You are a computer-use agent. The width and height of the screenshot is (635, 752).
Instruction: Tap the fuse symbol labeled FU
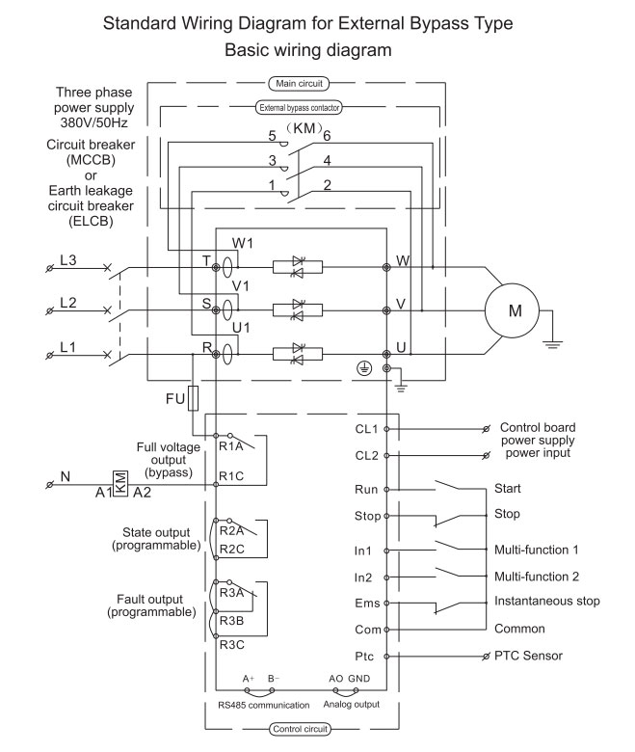(x=193, y=398)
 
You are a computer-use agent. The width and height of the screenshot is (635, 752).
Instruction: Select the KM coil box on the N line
(x=119, y=484)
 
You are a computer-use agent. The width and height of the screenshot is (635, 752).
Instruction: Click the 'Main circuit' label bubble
(x=299, y=84)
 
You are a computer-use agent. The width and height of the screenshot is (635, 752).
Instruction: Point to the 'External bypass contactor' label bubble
(x=299, y=107)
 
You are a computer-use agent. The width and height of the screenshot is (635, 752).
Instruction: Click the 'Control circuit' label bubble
(x=300, y=729)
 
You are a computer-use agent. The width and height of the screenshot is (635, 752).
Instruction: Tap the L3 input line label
(x=68, y=260)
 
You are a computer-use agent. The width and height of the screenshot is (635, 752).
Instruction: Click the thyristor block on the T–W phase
(x=298, y=267)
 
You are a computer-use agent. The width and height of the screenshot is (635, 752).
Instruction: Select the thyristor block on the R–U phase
(x=298, y=355)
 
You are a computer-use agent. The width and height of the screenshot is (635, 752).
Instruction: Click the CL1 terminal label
(x=366, y=429)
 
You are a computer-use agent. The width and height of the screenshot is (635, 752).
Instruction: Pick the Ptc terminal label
(x=364, y=657)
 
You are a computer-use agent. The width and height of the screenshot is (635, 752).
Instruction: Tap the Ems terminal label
(x=367, y=603)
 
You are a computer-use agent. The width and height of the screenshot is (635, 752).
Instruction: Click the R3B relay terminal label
(x=231, y=621)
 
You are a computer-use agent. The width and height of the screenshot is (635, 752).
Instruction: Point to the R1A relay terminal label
(x=231, y=446)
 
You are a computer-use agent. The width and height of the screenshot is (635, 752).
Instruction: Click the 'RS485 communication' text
(x=264, y=705)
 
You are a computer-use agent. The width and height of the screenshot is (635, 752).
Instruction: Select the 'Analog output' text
(x=352, y=704)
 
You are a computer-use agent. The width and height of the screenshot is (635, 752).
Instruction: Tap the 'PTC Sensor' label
(x=528, y=656)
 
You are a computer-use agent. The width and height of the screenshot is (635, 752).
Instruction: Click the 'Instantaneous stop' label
(x=546, y=601)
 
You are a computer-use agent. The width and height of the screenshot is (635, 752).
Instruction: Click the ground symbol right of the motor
(x=552, y=344)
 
